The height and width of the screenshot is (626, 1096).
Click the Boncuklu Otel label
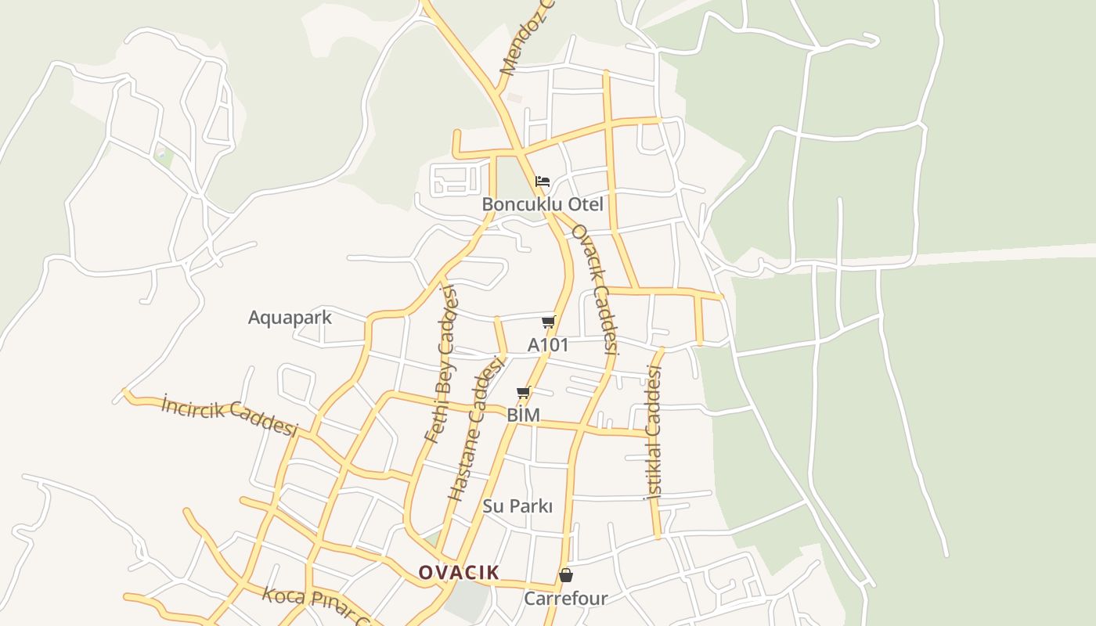[543, 204]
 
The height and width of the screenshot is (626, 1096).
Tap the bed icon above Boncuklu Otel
[543, 182]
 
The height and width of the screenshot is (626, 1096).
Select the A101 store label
[548, 344]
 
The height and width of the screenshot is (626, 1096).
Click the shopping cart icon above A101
[548, 322]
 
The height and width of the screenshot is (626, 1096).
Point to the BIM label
[523, 415]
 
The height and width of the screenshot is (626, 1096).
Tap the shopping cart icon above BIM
[523, 392]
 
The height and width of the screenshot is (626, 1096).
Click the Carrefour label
[565, 599]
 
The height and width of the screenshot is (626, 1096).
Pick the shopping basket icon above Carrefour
[565, 576]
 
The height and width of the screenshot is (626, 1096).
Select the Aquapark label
[290, 318]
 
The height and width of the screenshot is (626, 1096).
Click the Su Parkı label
[517, 506]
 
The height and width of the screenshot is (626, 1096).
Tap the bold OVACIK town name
[458, 572]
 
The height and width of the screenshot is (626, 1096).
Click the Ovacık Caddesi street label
[596, 290]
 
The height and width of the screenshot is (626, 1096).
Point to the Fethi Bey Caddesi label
[442, 365]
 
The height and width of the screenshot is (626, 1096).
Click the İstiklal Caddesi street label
[652, 432]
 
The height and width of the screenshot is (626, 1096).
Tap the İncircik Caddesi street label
[230, 416]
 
